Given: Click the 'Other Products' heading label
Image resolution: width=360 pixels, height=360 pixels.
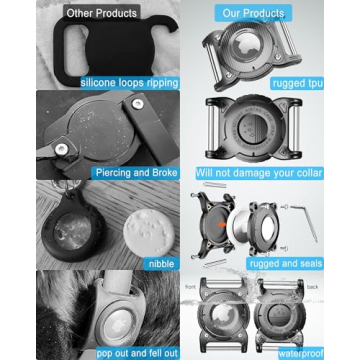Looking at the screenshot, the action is (x=102, y=13).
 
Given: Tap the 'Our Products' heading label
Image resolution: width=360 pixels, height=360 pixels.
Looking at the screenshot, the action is (x=253, y=13).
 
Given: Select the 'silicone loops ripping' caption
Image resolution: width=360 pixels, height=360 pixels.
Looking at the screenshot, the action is (x=130, y=83).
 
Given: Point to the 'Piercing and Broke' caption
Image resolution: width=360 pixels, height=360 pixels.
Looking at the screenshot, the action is (x=136, y=173).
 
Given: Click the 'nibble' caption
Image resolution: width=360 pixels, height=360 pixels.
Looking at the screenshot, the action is (x=162, y=264).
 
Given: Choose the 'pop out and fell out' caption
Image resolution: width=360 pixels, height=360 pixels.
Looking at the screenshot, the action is (x=137, y=353).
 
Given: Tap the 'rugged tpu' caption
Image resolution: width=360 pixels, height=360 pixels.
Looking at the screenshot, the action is (x=297, y=83).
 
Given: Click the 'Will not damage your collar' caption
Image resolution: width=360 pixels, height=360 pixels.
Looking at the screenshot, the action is (x=259, y=173).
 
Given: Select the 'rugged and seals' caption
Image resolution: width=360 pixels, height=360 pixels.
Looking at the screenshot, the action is (x=287, y=264).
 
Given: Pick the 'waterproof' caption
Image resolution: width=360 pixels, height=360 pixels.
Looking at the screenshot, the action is (x=301, y=353).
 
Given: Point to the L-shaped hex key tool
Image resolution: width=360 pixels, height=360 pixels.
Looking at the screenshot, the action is (x=305, y=222).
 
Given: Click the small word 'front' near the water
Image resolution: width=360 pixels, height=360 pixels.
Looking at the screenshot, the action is (x=190, y=286).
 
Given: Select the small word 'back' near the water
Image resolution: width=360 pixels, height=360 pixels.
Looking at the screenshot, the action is (x=312, y=287).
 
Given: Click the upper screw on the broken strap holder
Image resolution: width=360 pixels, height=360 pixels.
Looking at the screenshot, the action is (x=136, y=104).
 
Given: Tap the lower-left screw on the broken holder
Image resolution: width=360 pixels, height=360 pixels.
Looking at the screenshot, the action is (x=60, y=149).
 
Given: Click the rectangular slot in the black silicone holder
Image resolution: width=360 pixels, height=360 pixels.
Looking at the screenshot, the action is (x=71, y=50).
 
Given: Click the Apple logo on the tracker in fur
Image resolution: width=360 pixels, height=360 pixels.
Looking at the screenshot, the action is (x=119, y=323).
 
